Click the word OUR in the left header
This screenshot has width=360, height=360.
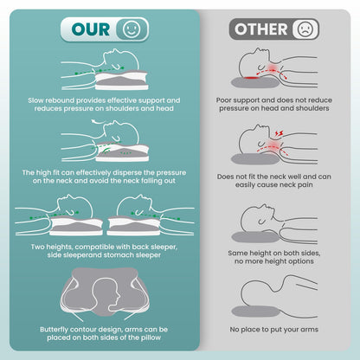[x=91, y=29]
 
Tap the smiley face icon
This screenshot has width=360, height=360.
[x=132, y=29]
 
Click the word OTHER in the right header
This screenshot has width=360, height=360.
[x=261, y=29]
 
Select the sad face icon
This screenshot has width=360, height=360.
[x=305, y=29]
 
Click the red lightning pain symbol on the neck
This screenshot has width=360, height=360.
[x=279, y=133]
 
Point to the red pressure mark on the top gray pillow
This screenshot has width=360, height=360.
[x=251, y=78]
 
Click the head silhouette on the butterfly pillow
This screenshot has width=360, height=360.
[x=106, y=294]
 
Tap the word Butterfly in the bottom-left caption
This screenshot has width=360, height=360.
[x=54, y=330]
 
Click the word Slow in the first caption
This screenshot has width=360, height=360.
[x=35, y=100]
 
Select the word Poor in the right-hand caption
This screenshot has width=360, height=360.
[x=223, y=100]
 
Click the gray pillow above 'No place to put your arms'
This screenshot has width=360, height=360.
[x=255, y=312]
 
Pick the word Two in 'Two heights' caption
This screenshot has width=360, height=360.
[x=37, y=247]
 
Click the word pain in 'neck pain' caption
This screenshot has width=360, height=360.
[x=305, y=185]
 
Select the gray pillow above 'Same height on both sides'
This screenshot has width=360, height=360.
[x=255, y=237]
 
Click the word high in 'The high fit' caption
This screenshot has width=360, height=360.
[x=44, y=173]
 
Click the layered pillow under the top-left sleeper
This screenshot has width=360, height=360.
[x=121, y=80]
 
